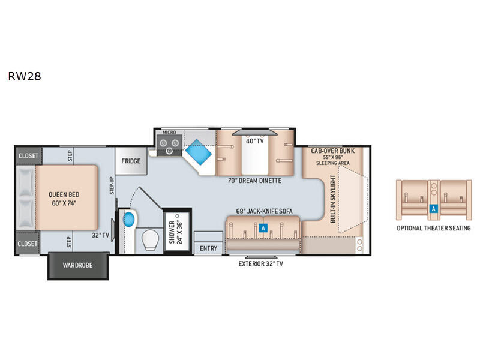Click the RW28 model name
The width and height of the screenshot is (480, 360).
click(25, 76)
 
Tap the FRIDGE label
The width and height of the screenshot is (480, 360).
click(131, 161)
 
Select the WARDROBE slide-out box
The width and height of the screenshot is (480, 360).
click(78, 265)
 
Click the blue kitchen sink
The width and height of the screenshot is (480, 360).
click(199, 152)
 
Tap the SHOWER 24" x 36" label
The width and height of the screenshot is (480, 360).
click(176, 232)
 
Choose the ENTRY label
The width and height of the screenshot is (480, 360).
click(208, 248)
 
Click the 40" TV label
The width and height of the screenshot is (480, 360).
click(254, 141)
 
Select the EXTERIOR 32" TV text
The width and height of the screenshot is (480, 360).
click(261, 263)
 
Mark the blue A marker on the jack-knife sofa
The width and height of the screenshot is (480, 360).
click(263, 228)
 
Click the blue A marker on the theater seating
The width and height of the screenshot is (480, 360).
click(433, 209)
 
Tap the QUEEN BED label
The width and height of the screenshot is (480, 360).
click(64, 194)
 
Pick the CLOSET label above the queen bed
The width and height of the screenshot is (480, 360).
click(28, 156)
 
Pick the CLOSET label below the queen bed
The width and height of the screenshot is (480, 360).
click(27, 244)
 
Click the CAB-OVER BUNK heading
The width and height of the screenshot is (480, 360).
click(333, 151)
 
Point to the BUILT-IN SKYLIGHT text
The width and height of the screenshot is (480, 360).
click(333, 199)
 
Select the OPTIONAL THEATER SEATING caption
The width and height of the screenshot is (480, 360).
click(434, 228)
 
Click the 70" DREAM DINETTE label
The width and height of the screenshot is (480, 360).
click(254, 181)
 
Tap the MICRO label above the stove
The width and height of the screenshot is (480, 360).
click(169, 133)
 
